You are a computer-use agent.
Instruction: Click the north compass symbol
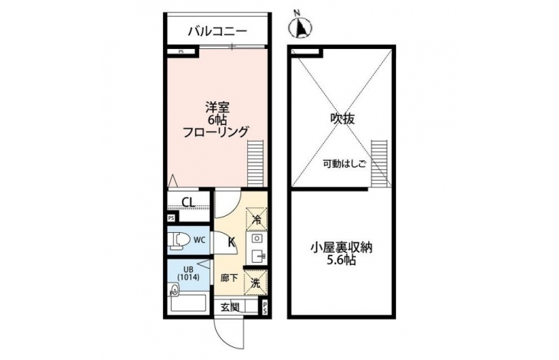300,26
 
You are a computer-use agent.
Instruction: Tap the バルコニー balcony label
217,31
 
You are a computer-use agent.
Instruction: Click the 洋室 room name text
217,108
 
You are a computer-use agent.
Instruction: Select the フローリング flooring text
215,132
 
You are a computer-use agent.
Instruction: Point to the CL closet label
188,202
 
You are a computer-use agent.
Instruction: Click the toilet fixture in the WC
179,241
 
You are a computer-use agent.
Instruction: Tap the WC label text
199,241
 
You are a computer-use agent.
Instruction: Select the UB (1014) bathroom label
188,273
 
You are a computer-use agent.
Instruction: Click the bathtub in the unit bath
188,303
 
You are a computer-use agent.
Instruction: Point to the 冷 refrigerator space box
257,218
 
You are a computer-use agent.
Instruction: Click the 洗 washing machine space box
255,283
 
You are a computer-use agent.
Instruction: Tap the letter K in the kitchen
231,243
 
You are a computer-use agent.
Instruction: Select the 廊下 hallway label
229,278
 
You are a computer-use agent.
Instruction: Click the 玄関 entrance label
230,307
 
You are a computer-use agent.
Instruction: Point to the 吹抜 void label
342,119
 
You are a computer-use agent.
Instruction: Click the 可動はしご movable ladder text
345,165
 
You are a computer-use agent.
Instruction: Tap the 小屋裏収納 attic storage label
342,247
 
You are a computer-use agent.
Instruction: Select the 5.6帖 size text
342,260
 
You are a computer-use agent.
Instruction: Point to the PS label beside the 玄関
265,308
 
